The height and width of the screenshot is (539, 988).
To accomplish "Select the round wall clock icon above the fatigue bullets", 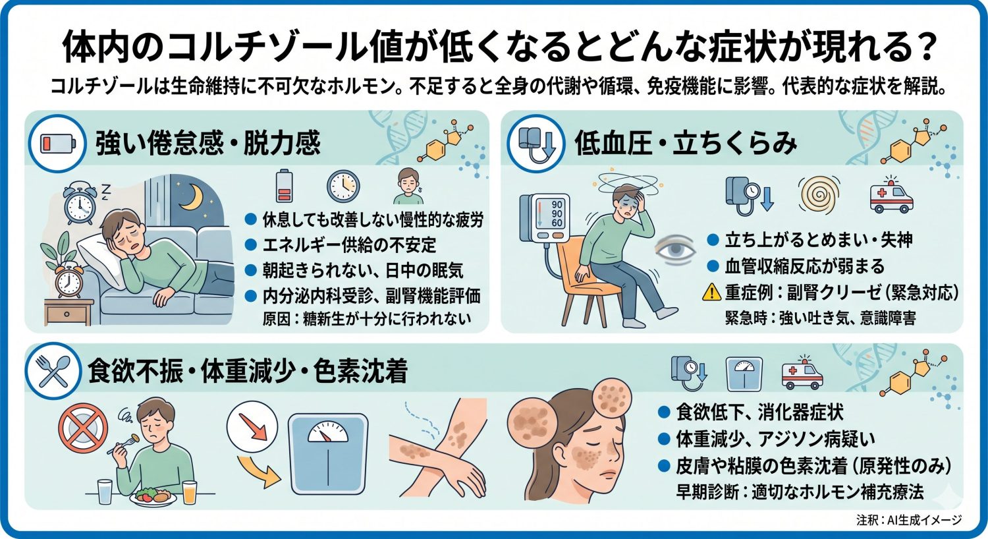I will point(343,186).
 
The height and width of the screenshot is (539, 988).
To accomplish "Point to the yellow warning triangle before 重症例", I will point(711,292).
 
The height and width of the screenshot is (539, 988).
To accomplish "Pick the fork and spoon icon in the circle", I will point(53,372).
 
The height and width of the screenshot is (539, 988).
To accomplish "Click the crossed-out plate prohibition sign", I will point(82,428).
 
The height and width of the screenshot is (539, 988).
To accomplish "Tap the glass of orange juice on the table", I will point(190,492).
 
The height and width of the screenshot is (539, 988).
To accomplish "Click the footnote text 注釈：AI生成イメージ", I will point(909,520).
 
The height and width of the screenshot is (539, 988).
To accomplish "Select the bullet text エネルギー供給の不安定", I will point(349,245).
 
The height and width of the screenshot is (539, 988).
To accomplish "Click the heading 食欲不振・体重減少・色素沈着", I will point(248,372).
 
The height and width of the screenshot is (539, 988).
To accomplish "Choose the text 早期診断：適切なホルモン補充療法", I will point(800,492).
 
